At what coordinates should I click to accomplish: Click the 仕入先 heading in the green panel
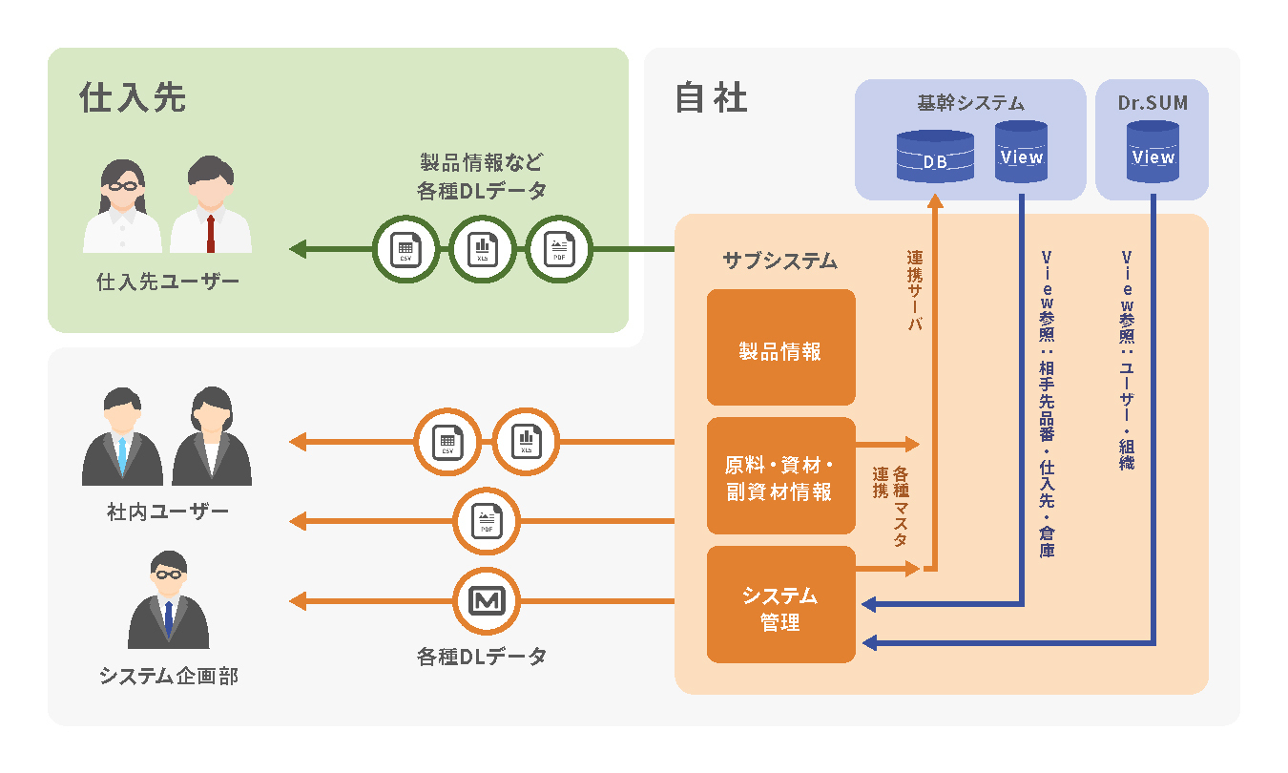133,97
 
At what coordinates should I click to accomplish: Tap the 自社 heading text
711,98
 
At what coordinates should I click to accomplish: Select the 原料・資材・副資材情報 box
780,476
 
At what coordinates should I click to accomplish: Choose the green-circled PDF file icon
558,251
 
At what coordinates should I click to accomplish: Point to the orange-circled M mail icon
487,601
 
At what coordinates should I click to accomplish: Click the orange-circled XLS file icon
526,442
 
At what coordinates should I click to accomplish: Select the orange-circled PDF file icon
487,521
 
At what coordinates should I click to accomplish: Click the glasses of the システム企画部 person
168,575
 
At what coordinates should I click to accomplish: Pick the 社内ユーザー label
168,512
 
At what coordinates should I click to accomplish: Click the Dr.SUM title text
1153,103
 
